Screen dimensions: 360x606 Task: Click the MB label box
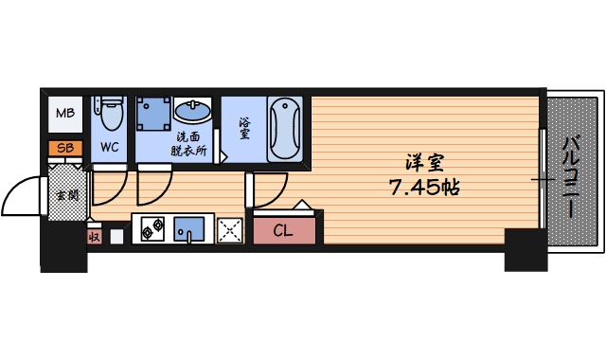pyautogui.click(x=64, y=115)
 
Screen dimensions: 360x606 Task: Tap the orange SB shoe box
pyautogui.click(x=64, y=148)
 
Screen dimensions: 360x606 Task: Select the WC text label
pyautogui.click(x=109, y=147)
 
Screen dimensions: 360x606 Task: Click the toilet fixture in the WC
pyautogui.click(x=110, y=117)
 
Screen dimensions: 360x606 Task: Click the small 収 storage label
pyautogui.click(x=94, y=236)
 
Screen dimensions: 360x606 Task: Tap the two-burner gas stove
pyautogui.click(x=151, y=229)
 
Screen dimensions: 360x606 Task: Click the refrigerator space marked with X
pyautogui.click(x=230, y=230)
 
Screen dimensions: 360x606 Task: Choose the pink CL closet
pyautogui.click(x=284, y=230)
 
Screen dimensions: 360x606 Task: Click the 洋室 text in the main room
pyautogui.click(x=424, y=161)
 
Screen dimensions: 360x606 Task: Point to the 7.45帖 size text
pyautogui.click(x=424, y=187)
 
